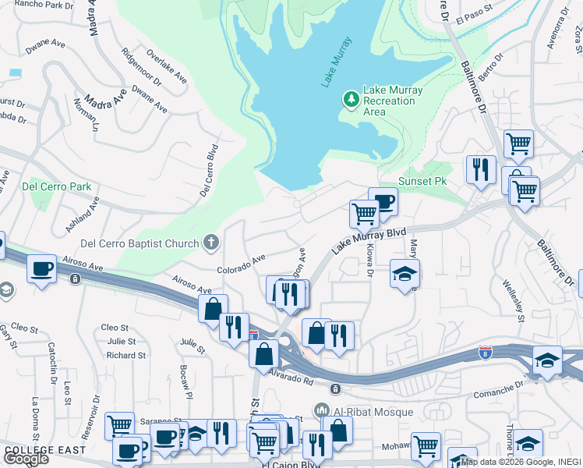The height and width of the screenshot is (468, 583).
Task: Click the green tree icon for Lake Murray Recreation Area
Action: pyautogui.click(x=351, y=100)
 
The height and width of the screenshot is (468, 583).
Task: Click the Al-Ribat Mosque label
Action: pyautogui.click(x=359, y=410)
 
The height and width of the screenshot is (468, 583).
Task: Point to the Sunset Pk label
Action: pyautogui.click(x=422, y=181)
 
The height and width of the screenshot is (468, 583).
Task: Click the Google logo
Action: pyautogui.click(x=26, y=459)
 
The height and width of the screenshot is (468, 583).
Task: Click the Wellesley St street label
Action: pyautogui.click(x=514, y=300)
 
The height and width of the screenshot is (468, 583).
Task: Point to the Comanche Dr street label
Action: pyautogui.click(x=499, y=388)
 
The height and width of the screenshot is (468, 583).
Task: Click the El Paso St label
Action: pyautogui.click(x=476, y=16)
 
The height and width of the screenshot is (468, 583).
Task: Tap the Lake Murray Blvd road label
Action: pyautogui.click(x=370, y=239)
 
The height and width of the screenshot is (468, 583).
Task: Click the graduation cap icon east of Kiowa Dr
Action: pyautogui.click(x=405, y=274)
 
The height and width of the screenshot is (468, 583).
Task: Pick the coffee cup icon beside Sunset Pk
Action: pyautogui.click(x=383, y=202)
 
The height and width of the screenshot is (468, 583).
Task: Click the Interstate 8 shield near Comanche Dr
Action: pyautogui.click(x=486, y=353)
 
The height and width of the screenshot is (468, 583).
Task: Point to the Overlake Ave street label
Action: pyautogui.click(x=167, y=69)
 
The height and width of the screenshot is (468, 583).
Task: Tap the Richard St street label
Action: pyautogui.click(x=125, y=355)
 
